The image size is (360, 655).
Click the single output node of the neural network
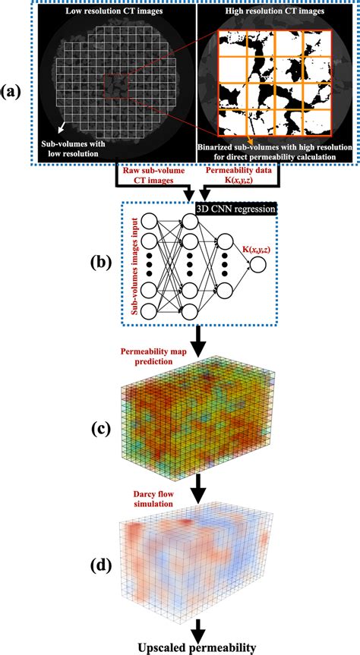[259, 265]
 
